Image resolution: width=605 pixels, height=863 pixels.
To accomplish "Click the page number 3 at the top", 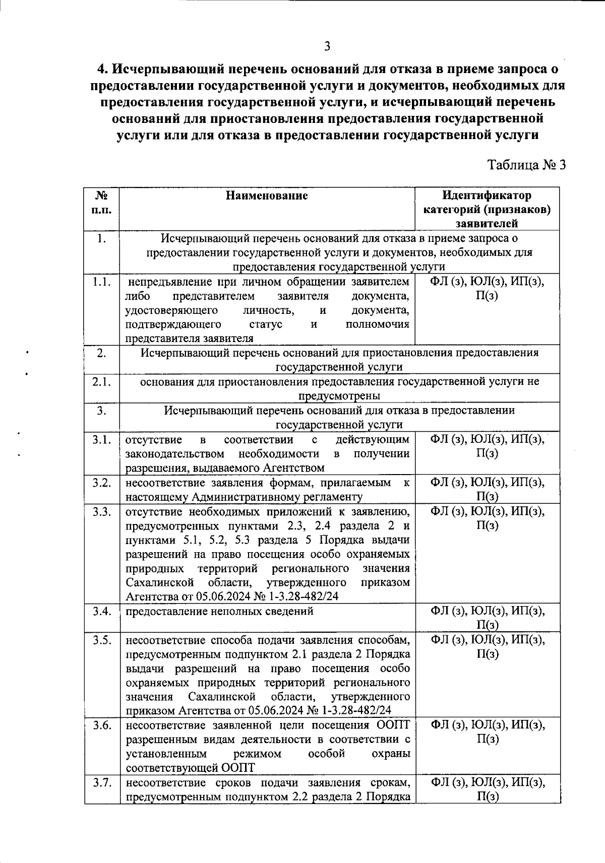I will click(327, 46).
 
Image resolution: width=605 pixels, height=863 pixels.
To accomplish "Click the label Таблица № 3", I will click(526, 165).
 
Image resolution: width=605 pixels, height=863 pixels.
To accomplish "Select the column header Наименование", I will click(267, 195).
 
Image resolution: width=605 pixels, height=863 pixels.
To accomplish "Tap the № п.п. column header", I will click(102, 202).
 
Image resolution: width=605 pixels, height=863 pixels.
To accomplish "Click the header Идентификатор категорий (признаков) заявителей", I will click(487, 209).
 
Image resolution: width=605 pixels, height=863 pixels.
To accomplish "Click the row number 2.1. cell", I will click(102, 381).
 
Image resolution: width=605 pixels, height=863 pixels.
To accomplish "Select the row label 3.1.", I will click(102, 440).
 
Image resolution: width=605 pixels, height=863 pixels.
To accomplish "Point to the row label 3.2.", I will click(102, 483).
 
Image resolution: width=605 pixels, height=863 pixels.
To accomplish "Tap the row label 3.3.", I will click(102, 512).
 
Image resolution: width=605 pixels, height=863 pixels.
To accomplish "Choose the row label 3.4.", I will click(102, 611).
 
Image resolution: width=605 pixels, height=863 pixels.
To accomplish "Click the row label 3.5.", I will click(102, 640).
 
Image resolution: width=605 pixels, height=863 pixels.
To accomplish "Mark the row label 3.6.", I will click(102, 725).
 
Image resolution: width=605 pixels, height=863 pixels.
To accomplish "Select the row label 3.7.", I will click(102, 782).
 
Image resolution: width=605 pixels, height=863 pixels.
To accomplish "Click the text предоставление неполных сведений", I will click(219, 611).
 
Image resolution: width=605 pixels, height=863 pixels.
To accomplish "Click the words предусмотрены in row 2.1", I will click(339, 395).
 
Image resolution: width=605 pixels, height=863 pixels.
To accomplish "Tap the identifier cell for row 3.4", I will click(487, 618).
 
